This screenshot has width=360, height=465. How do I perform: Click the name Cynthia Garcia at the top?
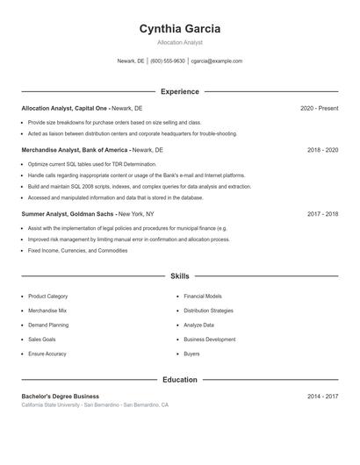[x=180, y=29]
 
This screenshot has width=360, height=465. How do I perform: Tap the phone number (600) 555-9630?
[x=168, y=61]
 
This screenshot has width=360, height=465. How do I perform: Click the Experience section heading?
[x=180, y=91]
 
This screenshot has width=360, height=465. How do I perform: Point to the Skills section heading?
[x=180, y=276]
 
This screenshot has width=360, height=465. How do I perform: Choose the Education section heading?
[x=180, y=380]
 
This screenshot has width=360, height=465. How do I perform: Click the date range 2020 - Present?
[x=319, y=108]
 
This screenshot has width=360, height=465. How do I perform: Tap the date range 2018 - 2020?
[x=322, y=150]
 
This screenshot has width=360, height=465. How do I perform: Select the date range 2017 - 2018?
[x=322, y=213]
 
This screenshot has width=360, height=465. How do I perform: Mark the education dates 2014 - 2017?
[x=322, y=397]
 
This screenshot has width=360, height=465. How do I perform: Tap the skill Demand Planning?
[x=48, y=325]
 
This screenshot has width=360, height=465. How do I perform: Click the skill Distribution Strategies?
[x=208, y=311]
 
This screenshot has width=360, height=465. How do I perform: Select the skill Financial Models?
[x=203, y=297]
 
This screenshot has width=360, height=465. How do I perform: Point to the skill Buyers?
[x=191, y=354]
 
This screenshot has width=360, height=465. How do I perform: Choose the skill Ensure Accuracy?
[x=47, y=354]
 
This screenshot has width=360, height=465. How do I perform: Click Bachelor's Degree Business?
[x=61, y=397]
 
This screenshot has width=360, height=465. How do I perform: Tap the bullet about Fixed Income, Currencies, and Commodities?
[x=77, y=250]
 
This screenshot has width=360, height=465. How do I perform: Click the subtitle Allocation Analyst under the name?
[x=180, y=42]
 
